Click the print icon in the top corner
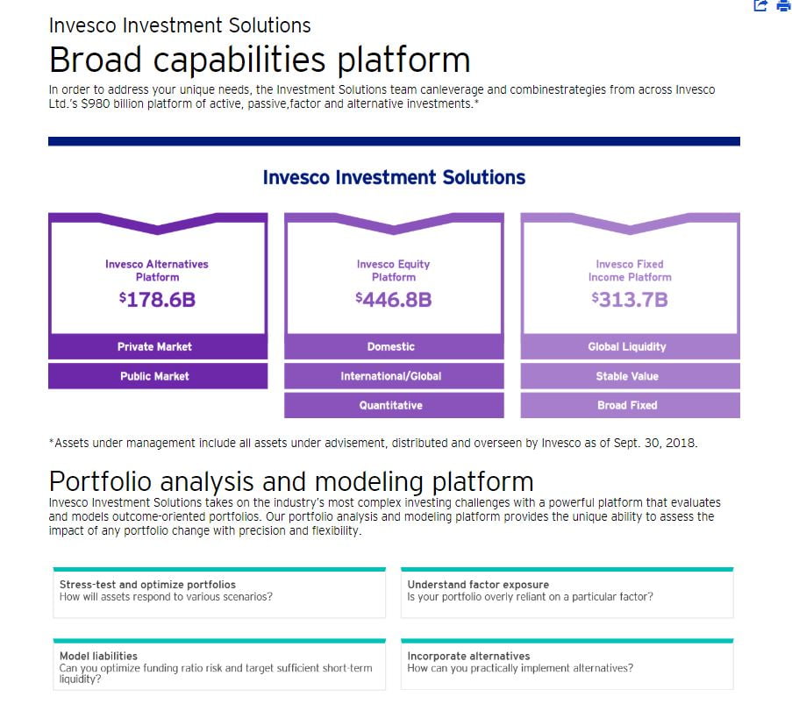click(784, 5)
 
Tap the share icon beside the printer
click(760, 5)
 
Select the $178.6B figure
click(157, 300)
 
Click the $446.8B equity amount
click(394, 300)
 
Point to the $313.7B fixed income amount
click(630, 300)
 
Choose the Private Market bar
click(158, 347)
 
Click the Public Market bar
click(158, 376)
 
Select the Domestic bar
click(394, 347)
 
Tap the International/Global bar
click(394, 376)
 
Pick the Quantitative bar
click(394, 405)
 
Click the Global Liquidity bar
click(631, 347)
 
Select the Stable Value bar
click(631, 376)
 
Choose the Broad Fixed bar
click(631, 405)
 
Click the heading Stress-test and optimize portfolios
click(147, 585)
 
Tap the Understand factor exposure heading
click(478, 585)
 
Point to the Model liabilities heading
click(98, 656)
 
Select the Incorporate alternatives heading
click(468, 656)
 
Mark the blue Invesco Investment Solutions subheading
click(394, 177)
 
